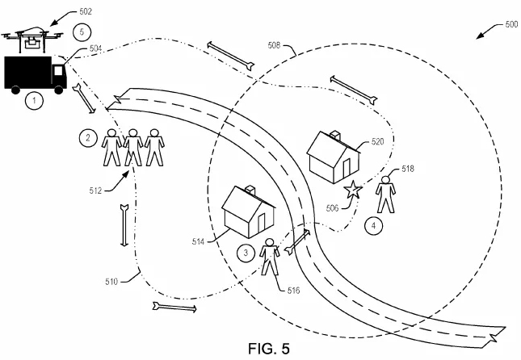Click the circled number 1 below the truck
(x=34, y=101)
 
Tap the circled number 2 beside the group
(x=88, y=137)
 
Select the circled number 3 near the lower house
(x=246, y=253)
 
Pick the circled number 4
(x=373, y=226)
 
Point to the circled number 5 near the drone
(x=82, y=32)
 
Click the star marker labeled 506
(x=352, y=190)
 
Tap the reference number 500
(x=511, y=24)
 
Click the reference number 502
(x=86, y=11)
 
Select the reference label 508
(x=274, y=45)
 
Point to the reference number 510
(x=111, y=282)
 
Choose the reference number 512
(x=95, y=190)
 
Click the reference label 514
(x=198, y=242)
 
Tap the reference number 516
(x=293, y=291)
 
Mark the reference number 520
(x=377, y=142)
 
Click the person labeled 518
(x=385, y=195)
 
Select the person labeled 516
(x=270, y=257)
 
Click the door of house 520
(x=347, y=169)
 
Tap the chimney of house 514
(x=250, y=190)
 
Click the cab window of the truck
(x=58, y=71)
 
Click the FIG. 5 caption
(x=269, y=349)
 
